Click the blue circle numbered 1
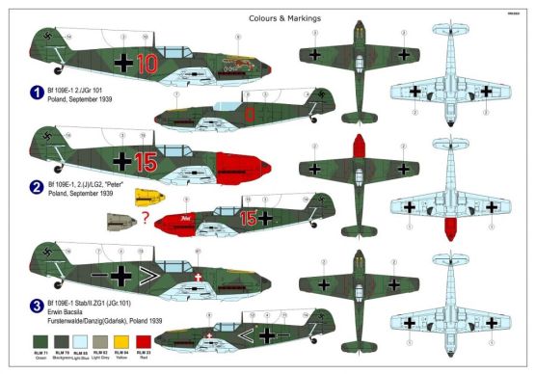(x=36, y=95)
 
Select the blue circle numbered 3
(x=36, y=307)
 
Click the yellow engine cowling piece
(x=146, y=199)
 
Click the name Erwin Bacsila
(x=73, y=312)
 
